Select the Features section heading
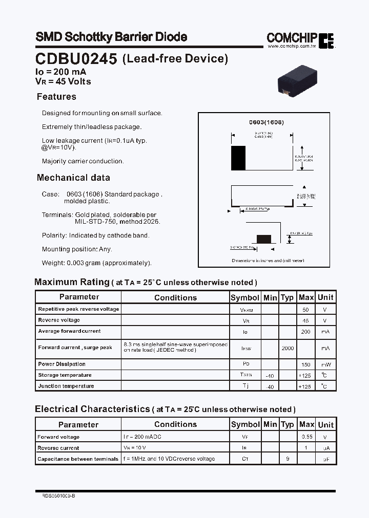point(56,97)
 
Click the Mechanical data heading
point(73,178)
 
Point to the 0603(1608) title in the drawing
point(266,123)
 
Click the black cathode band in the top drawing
point(238,158)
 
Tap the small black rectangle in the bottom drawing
point(263,239)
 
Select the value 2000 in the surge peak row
point(288,348)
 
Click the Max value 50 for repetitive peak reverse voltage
point(306,310)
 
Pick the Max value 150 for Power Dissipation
point(306,364)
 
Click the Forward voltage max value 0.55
point(306,437)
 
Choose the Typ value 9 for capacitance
point(288,459)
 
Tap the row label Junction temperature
point(66,386)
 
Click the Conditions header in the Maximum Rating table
point(175,297)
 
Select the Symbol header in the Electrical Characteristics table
point(245,424)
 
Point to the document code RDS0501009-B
point(58,495)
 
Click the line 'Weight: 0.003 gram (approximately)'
point(97,263)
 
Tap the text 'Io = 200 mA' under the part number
point(60,72)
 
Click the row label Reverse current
point(58,448)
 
